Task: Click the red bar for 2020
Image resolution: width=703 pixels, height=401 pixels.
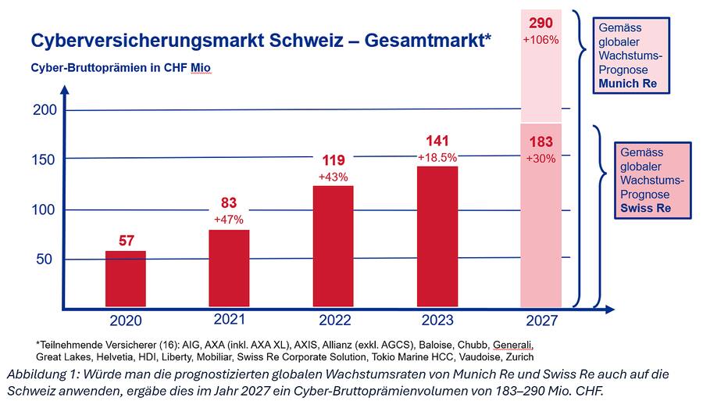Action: point(126,278)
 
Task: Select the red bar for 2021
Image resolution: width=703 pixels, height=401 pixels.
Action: point(230,267)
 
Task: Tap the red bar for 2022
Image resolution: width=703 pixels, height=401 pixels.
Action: point(334,245)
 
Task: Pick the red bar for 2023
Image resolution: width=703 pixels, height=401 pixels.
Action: point(437,236)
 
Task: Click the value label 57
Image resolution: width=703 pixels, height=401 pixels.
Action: point(126,241)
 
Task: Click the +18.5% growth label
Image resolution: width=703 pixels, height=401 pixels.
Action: point(437,157)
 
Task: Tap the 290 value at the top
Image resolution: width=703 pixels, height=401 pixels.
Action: point(541,22)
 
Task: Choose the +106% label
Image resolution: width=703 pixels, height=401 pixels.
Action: point(541,39)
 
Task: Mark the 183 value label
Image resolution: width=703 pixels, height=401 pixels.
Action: point(541,142)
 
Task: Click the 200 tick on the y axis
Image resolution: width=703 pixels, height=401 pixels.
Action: point(45,110)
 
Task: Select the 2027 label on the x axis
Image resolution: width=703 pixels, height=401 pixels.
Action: point(541,320)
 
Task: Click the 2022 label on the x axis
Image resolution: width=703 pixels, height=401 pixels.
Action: point(334,320)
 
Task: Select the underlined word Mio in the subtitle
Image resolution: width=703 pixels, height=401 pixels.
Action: point(202,68)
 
